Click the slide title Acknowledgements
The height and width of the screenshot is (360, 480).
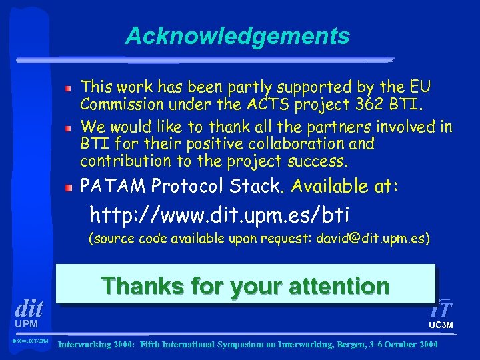pos(237,36)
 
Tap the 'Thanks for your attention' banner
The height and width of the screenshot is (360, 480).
pos(245,286)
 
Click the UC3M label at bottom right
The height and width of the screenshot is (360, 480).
pos(441,325)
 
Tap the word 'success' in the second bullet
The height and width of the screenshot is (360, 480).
pos(323,161)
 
